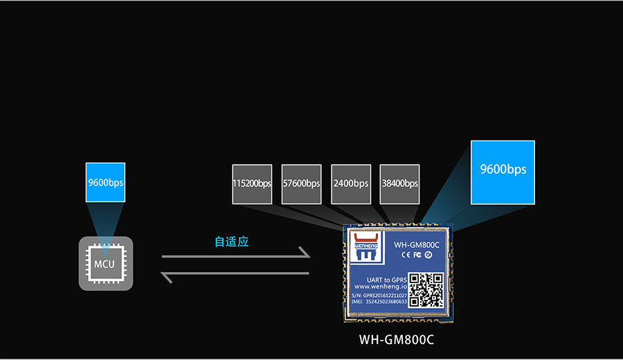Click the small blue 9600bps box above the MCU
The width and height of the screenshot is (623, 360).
105,183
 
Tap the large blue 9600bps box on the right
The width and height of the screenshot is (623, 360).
503,172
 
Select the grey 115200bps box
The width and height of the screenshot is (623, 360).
252,184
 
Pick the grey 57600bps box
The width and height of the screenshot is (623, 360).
301,184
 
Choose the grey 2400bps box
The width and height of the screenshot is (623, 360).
350,184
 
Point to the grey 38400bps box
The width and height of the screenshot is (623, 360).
399,184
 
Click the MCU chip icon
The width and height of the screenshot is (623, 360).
105,263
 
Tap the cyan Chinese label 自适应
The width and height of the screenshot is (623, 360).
231,242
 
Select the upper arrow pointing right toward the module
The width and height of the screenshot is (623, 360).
235,256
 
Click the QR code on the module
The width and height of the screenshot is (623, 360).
425,290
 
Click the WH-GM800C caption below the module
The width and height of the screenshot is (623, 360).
397,341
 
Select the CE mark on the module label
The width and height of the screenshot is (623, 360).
406,255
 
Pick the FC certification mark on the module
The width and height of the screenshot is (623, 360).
417,255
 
